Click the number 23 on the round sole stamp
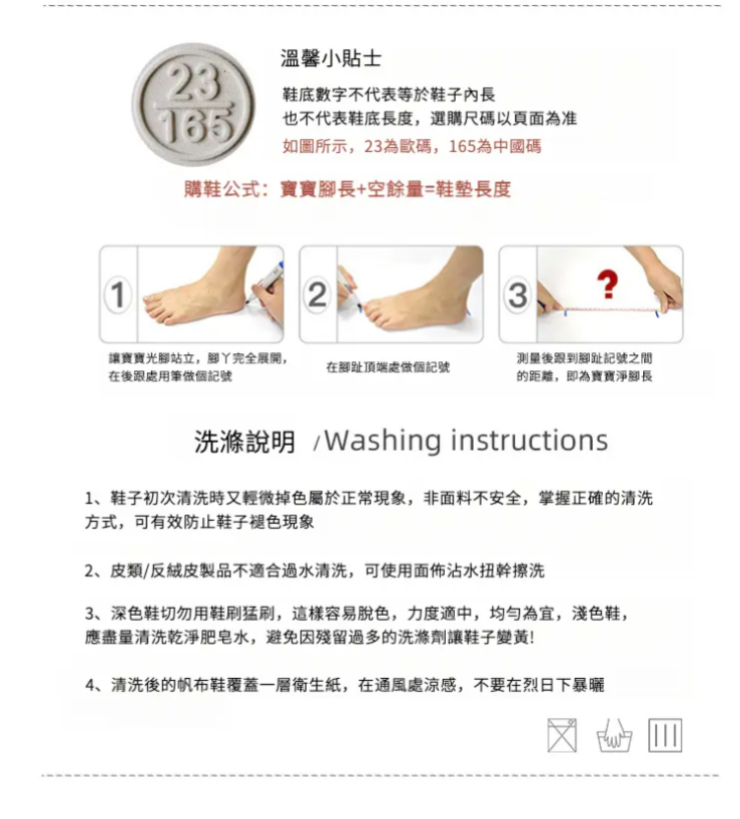click(x=192, y=84)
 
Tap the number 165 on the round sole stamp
click(x=194, y=126)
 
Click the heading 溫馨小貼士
click(x=331, y=58)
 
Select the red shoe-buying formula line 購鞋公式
click(x=347, y=188)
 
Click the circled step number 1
click(x=118, y=295)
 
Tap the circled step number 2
click(x=318, y=295)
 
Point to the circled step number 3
click(x=518, y=295)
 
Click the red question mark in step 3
click(x=608, y=284)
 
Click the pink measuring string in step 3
click(x=611, y=310)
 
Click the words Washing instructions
click(x=467, y=440)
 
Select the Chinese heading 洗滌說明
click(x=245, y=442)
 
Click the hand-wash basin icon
click(x=614, y=736)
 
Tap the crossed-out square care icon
click(x=562, y=735)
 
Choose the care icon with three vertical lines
click(x=665, y=735)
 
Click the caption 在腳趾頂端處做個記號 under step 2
click(x=388, y=367)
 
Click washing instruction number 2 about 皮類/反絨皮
click(x=315, y=570)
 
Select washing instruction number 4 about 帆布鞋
click(x=344, y=685)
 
